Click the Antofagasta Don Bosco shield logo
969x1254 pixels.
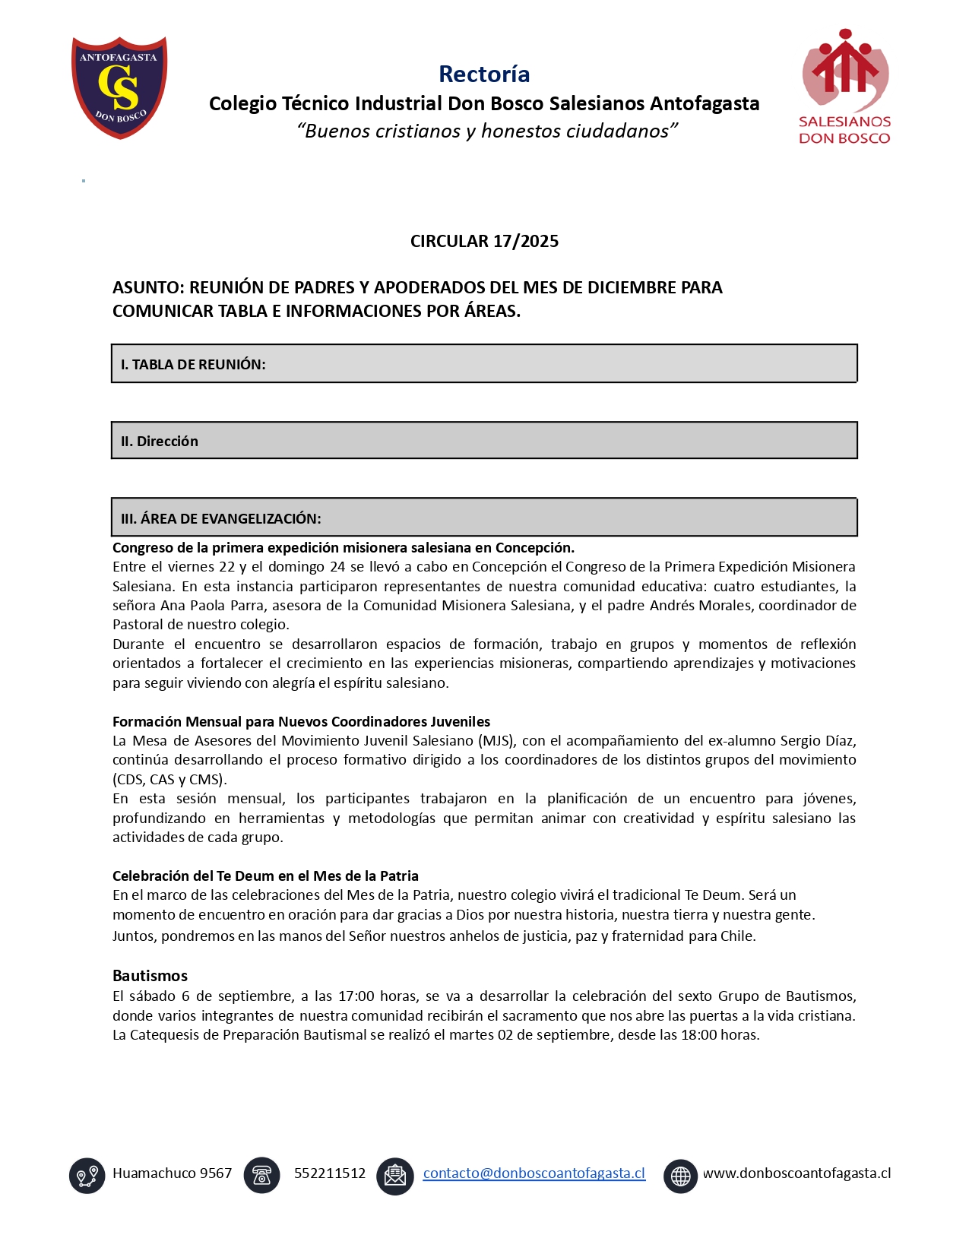119,87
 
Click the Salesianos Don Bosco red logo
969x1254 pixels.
844,87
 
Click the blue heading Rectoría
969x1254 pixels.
484,74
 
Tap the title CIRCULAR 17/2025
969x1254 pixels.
484,241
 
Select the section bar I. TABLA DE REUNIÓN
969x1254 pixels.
483,364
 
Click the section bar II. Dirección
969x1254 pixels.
483,441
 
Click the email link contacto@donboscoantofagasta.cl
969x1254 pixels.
534,1173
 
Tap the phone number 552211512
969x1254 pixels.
330,1173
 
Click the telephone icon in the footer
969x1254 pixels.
262,1175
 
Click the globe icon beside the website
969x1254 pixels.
680,1176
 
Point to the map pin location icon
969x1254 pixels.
87,1176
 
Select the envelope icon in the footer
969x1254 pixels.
395,1176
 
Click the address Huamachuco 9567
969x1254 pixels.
173,1173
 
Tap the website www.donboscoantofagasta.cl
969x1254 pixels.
796,1173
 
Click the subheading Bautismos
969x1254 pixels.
150,976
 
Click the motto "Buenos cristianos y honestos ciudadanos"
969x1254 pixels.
487,131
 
